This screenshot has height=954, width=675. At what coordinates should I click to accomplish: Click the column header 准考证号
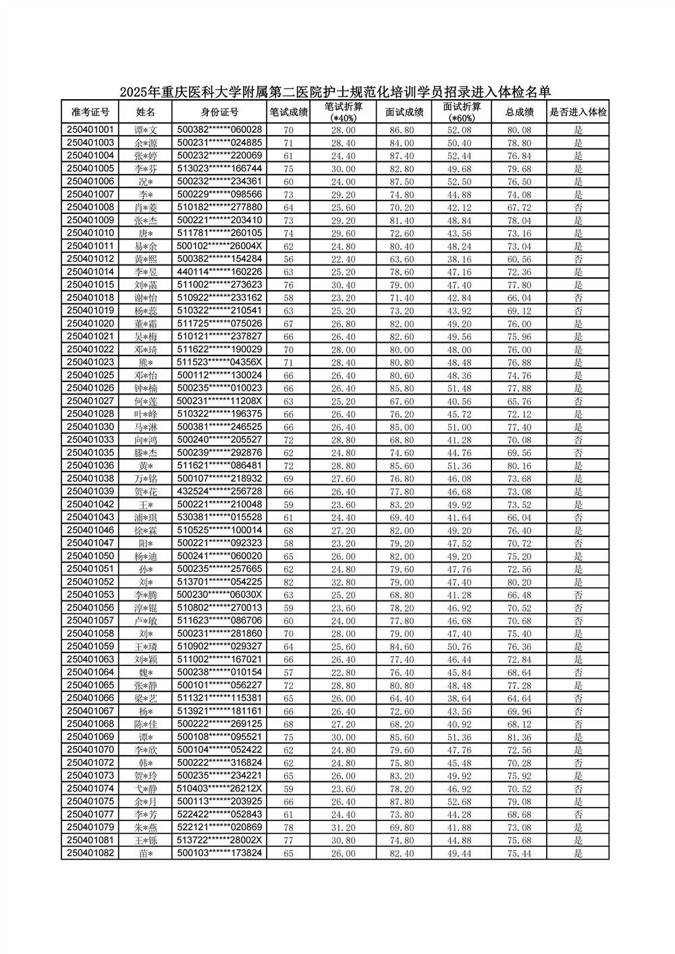90,112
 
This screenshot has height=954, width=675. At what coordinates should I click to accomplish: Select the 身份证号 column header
219,112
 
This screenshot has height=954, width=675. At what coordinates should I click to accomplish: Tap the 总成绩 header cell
519,112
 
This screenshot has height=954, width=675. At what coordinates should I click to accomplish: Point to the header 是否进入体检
578,112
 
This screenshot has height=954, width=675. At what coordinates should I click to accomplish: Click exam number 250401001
90,130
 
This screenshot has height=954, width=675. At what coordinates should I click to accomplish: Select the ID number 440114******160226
219,272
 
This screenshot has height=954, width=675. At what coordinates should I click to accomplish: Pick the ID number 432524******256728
219,491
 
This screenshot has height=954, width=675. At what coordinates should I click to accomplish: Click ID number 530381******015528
219,517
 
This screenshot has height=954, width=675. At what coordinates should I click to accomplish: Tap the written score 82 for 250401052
288,582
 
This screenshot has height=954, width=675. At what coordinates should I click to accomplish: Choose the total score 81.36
519,737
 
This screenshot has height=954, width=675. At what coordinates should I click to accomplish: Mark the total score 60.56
519,259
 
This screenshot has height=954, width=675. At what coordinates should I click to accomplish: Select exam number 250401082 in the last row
90,853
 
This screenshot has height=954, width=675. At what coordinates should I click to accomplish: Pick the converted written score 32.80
344,582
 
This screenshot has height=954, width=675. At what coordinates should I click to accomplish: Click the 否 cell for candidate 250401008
578,208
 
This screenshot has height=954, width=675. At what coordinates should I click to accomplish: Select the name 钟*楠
146,388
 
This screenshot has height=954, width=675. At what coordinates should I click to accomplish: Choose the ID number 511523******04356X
219,362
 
